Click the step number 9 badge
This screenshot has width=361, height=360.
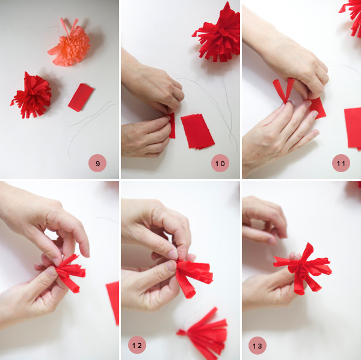tap(97, 163)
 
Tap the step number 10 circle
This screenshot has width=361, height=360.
tap(220, 163)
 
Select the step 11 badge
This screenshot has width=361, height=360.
tap(341, 163)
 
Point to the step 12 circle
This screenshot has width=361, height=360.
tap(137, 346)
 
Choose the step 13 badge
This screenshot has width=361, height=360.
tap(258, 346)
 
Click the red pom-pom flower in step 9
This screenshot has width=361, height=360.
tap(31, 96)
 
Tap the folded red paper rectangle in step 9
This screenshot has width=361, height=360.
tap(81, 98)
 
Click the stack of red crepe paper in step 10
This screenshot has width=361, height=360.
tap(198, 131)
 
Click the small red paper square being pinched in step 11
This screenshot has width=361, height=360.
tap(317, 108)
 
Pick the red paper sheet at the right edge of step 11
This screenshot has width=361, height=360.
tap(353, 128)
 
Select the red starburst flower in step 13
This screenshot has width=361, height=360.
tap(303, 269)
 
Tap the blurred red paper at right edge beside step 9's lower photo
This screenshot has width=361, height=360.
tap(113, 302)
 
